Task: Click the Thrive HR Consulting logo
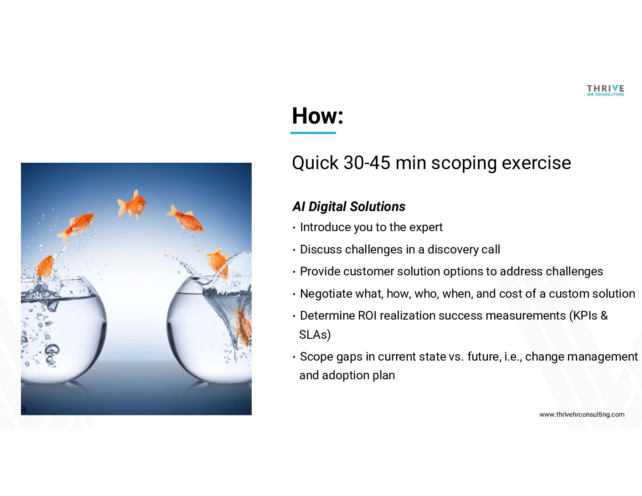pos(606,90)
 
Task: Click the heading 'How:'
pos(318,115)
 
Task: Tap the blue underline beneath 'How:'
pos(313,133)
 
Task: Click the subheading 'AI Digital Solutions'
pos(349,206)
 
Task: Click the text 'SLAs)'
pos(315,335)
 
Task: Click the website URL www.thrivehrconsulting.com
pos(582,414)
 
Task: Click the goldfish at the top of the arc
pos(132,205)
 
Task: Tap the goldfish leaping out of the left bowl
pos(45,267)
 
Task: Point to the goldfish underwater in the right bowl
pos(242,326)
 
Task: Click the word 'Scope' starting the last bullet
pos(316,356)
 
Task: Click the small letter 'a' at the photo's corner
pos(24,409)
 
